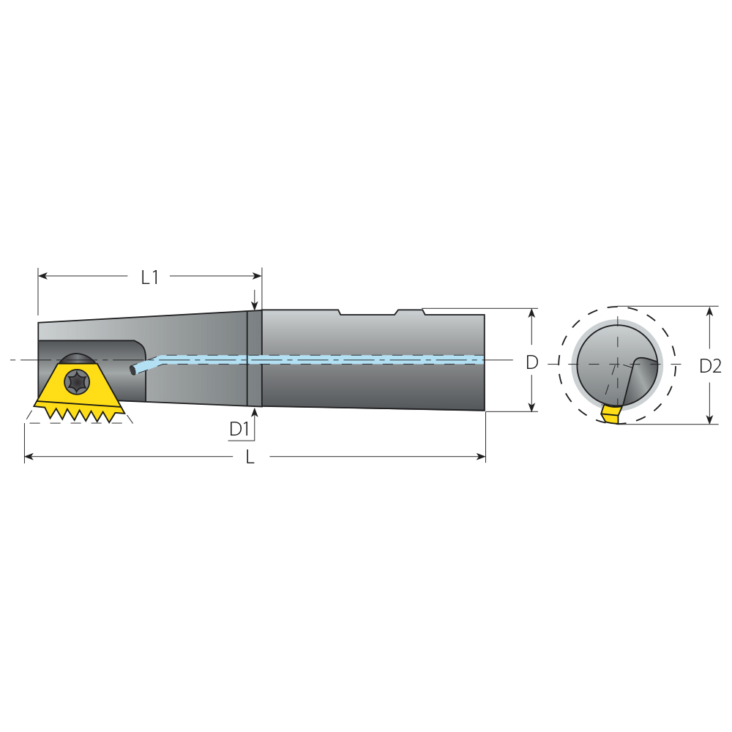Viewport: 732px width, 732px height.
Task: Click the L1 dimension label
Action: point(150,277)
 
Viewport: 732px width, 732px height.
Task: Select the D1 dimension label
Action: point(239,429)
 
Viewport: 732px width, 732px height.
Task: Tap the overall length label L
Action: point(250,457)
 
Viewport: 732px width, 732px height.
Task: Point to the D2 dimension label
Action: point(710,367)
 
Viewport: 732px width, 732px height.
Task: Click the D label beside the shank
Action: point(532,362)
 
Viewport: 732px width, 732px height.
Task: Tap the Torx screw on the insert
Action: point(76,381)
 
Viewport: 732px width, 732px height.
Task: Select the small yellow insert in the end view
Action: point(611,414)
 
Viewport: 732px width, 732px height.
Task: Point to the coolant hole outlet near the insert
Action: point(133,369)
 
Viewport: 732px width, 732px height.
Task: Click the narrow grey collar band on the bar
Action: point(255,359)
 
